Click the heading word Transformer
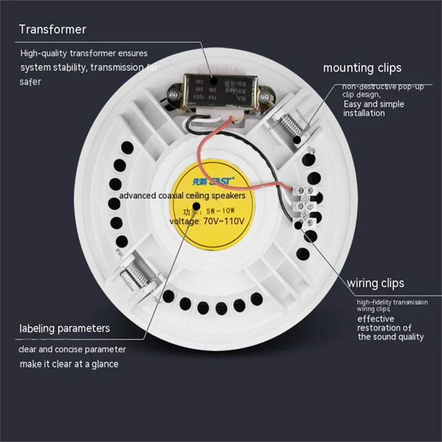click(x=52, y=29)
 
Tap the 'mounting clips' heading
click(x=362, y=68)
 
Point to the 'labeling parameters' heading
click(x=65, y=328)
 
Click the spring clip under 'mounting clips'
click(x=291, y=125)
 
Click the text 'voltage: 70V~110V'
click(x=209, y=221)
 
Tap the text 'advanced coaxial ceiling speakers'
click(x=182, y=196)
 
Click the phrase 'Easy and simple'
click(x=374, y=104)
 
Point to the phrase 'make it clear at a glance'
click(x=69, y=364)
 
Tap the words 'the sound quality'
click(x=391, y=336)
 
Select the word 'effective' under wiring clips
click(x=376, y=319)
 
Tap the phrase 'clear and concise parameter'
click(x=72, y=349)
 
